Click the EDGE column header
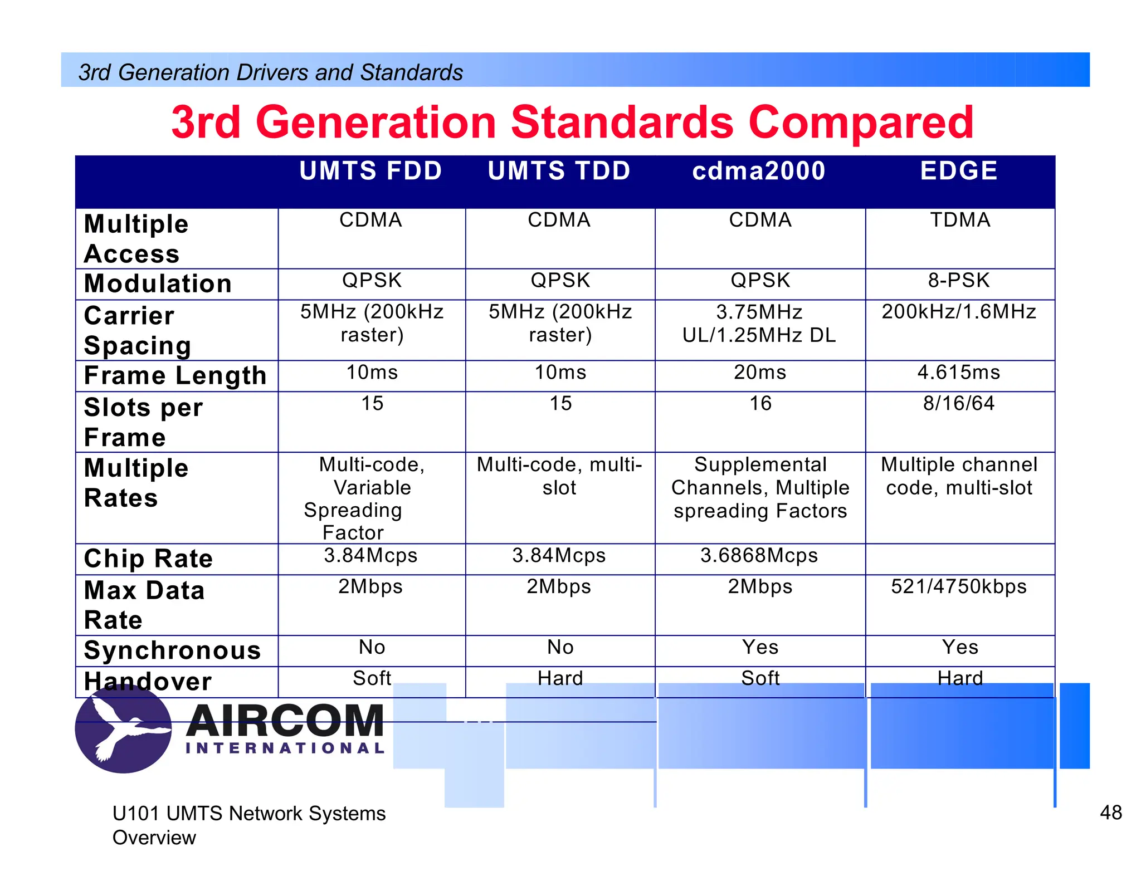[958, 171]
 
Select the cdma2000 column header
[759, 171]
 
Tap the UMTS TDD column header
[559, 171]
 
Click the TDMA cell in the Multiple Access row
[960, 221]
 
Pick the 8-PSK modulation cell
[959, 281]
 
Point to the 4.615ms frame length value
[959, 373]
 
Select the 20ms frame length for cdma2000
[760, 373]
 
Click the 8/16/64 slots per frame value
[959, 404]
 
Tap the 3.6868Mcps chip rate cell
[759, 556]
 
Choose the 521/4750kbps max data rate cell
[959, 587]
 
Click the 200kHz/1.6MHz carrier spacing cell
[959, 312]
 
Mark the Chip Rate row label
[148, 559]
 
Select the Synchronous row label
[172, 650]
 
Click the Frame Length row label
[175, 376]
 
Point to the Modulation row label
[158, 284]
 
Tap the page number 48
[1110, 813]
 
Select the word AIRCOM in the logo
[285, 721]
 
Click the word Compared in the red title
[861, 123]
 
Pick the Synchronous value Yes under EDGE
[960, 648]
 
